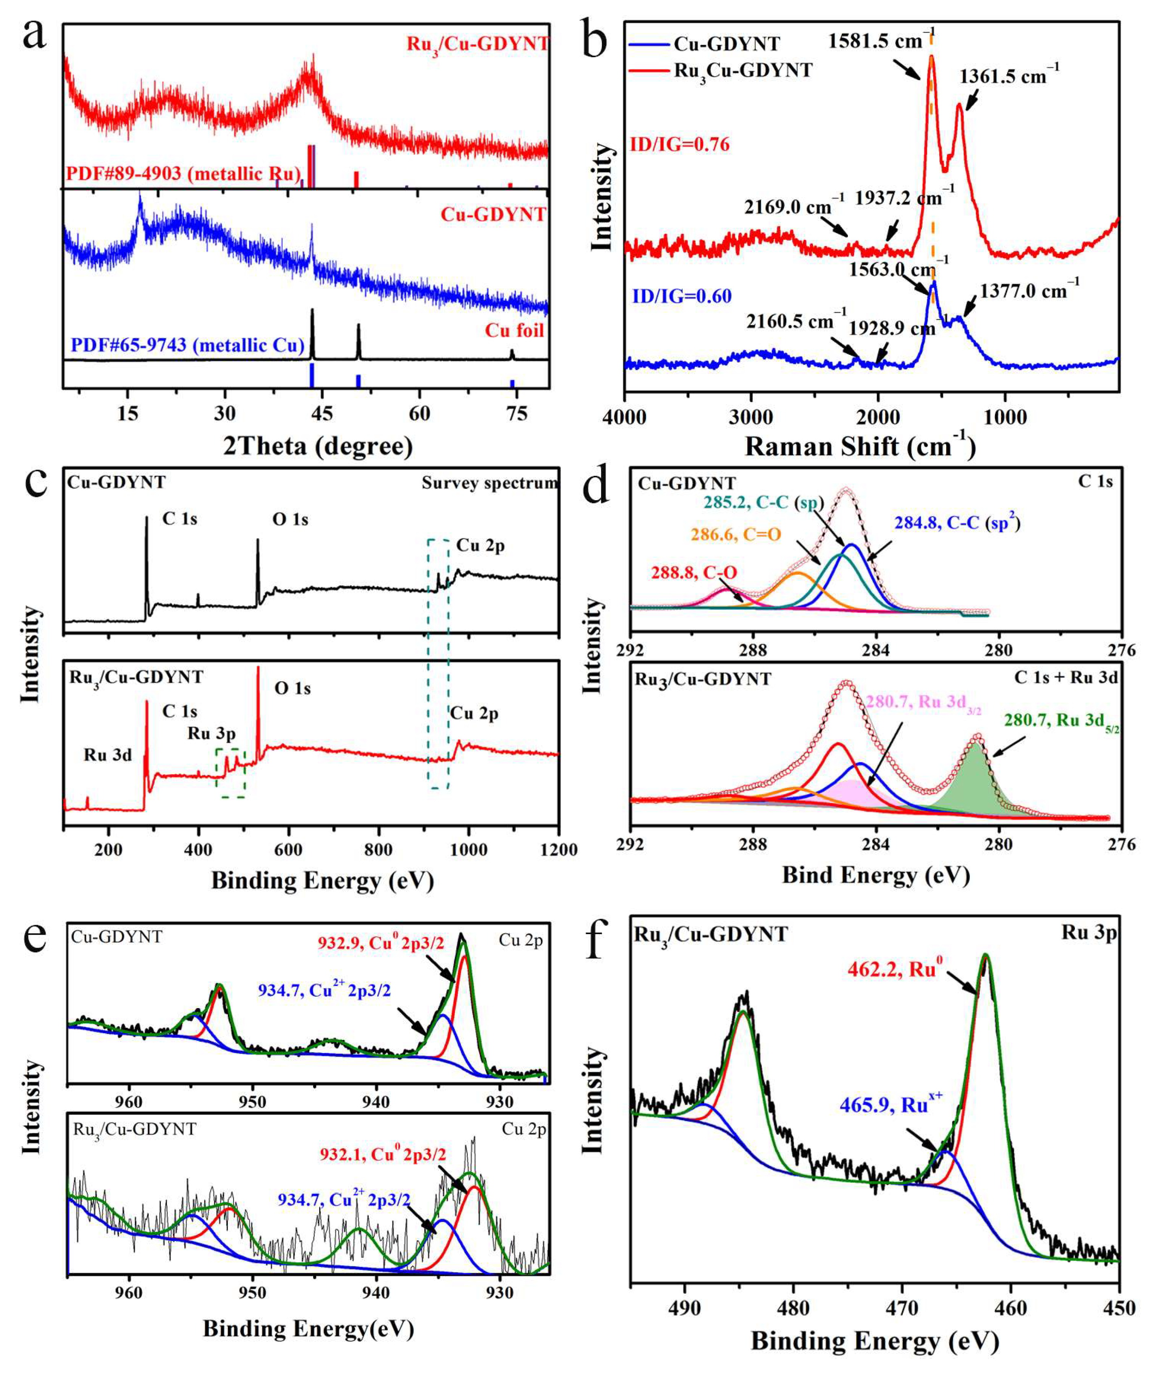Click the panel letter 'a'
tap(34, 34)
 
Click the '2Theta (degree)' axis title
tap(318, 446)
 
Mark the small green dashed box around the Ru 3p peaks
tap(231, 773)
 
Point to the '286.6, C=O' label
tap(736, 535)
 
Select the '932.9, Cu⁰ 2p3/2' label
tap(381, 943)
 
